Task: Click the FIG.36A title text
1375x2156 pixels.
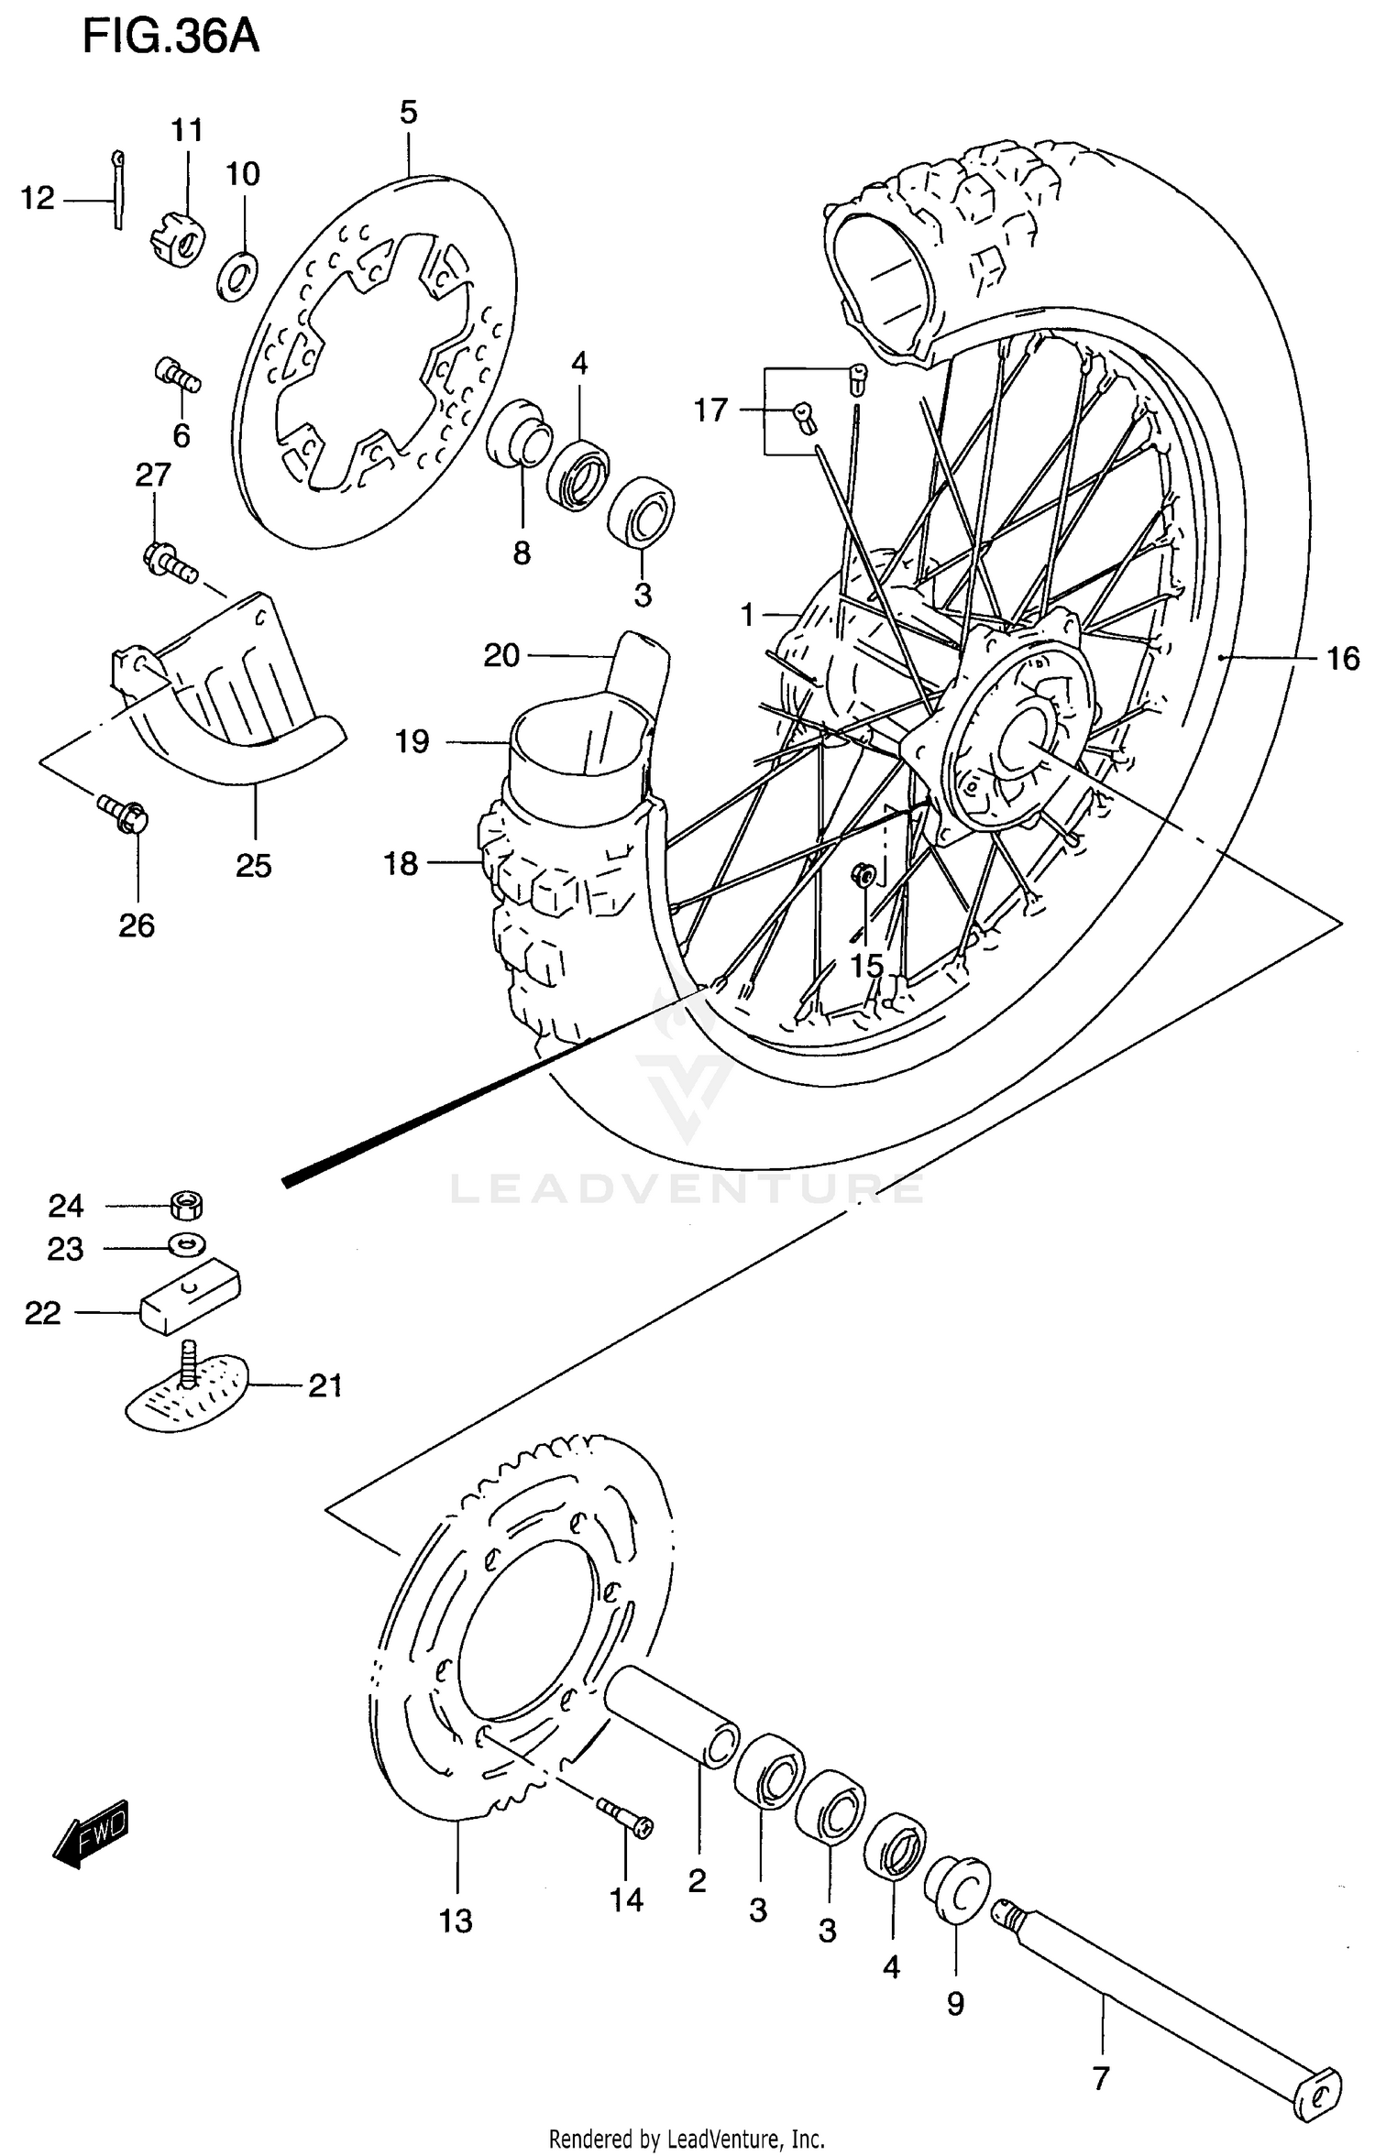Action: (x=170, y=38)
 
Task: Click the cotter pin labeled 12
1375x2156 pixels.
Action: (x=117, y=188)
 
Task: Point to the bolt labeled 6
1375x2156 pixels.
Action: (x=177, y=375)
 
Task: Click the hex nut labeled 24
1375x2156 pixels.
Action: (x=187, y=1205)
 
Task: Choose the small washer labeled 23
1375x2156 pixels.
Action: (x=187, y=1244)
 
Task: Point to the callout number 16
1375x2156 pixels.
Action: (x=1343, y=658)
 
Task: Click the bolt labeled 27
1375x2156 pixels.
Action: (x=169, y=561)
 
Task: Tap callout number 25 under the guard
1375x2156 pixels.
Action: (x=254, y=865)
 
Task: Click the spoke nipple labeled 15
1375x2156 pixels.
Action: (x=863, y=876)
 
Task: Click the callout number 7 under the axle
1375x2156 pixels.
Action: (x=1101, y=2077)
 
